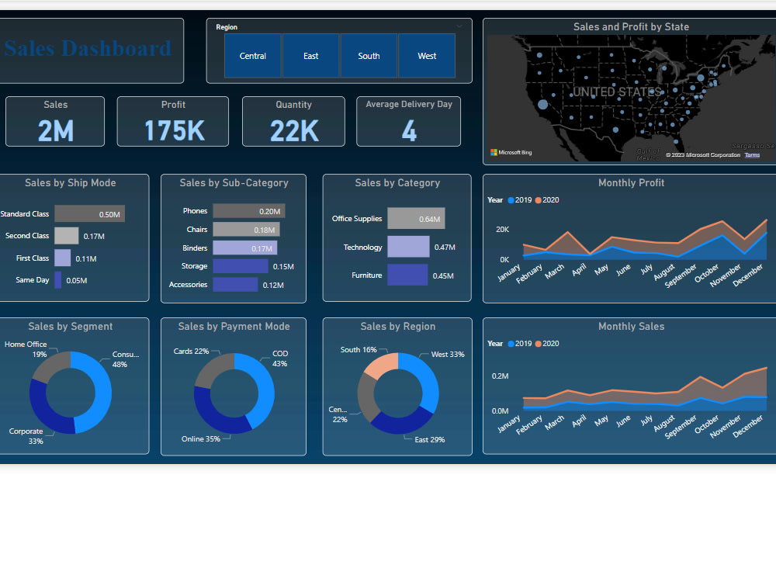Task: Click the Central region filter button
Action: coord(253,56)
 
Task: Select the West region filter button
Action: coord(427,56)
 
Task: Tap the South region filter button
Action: coord(369,56)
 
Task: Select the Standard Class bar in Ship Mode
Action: coord(89,213)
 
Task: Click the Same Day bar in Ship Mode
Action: coord(57,280)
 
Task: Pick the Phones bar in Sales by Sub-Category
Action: coord(248,211)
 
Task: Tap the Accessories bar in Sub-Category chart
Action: coord(235,285)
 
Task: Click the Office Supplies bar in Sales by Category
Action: coord(416,219)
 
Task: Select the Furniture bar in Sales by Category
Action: coord(407,275)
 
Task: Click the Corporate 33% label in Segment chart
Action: coord(26,436)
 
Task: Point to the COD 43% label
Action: coord(280,359)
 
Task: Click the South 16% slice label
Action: coord(359,350)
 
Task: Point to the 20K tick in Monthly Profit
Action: coord(503,230)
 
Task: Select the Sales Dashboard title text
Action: coord(88,49)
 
